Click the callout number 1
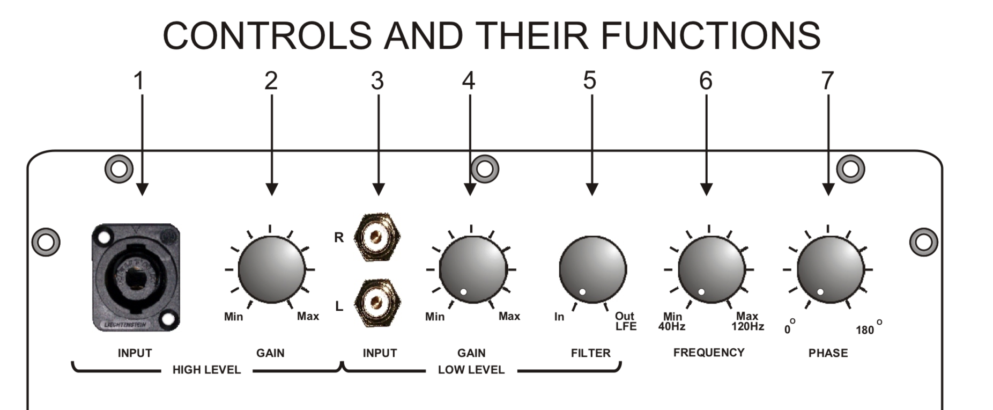tap(139, 81)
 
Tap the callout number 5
tap(589, 81)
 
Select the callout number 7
tap(827, 81)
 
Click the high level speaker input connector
tap(136, 277)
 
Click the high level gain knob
tap(271, 269)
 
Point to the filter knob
tap(592, 269)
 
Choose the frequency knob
tap(712, 269)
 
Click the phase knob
tap(831, 269)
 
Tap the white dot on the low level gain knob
tap(464, 292)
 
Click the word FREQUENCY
tap(709, 353)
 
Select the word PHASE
tap(828, 353)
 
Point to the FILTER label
tap(590, 353)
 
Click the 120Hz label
tap(747, 326)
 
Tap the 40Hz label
tap(672, 326)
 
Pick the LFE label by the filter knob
tap(626, 326)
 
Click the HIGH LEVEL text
tap(206, 370)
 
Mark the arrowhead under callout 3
tap(379, 189)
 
